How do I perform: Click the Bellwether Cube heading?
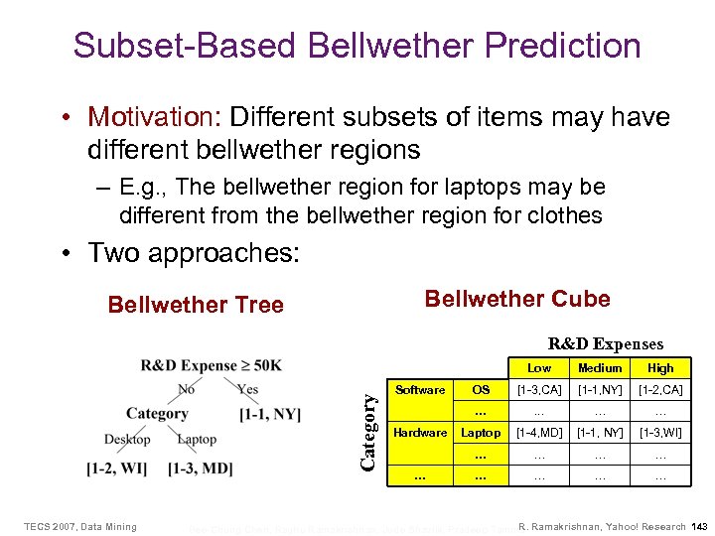[x=517, y=299]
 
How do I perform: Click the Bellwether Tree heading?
[x=196, y=305]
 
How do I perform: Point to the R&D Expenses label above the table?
[x=606, y=344]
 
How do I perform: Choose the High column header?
[x=660, y=367]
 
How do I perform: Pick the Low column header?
[x=539, y=367]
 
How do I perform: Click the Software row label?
[x=420, y=390]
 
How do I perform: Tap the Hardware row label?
[x=420, y=433]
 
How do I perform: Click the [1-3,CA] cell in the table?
[x=539, y=390]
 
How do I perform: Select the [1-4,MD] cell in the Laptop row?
[x=539, y=433]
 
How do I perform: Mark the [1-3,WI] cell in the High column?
[x=660, y=433]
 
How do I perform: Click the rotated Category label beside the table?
[x=369, y=432]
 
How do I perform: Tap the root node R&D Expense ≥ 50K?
[x=211, y=365]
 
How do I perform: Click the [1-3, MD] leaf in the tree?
[x=200, y=467]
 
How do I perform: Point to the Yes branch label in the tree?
[x=247, y=390]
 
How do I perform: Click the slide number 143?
[x=699, y=526]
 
